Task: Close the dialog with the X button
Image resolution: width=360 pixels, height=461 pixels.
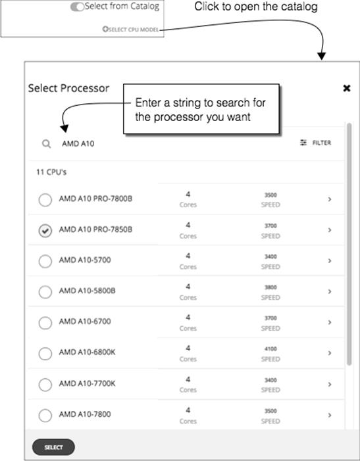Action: click(346, 88)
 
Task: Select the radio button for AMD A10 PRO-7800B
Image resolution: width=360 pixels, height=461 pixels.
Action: click(45, 200)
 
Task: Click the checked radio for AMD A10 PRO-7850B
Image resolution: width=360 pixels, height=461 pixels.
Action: click(45, 231)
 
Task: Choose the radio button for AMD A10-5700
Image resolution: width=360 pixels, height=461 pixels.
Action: click(45, 262)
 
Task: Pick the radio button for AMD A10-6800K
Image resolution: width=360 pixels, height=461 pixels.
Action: click(45, 354)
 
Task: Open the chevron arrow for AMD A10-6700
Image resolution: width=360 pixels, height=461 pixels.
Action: click(329, 322)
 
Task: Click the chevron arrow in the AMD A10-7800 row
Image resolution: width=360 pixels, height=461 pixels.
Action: click(329, 415)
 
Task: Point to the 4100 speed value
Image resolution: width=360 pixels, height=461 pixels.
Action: click(270, 349)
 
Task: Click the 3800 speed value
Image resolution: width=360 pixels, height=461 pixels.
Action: click(270, 287)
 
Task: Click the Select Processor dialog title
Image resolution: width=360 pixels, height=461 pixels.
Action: click(68, 87)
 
